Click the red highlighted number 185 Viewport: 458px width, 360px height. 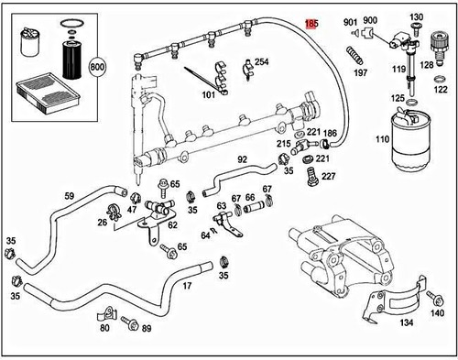(x=312, y=20)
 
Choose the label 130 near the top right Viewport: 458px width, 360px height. (x=417, y=18)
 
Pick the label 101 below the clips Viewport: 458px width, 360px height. (x=209, y=94)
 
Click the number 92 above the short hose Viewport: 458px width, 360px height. (x=243, y=159)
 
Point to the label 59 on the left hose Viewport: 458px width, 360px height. (x=69, y=195)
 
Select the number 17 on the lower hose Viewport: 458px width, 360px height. (x=187, y=287)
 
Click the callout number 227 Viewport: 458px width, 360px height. (x=328, y=176)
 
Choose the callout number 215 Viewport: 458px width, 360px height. (x=284, y=145)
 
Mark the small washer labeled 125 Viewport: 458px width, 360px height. (x=398, y=98)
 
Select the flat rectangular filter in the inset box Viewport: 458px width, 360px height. (x=38, y=93)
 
